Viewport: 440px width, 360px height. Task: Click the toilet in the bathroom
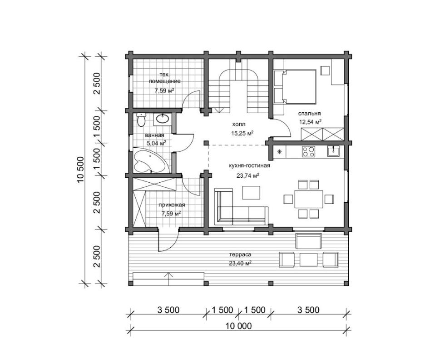tap(141, 120)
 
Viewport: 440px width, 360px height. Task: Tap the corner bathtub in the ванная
tap(149, 161)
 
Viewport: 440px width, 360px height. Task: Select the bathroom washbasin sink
tap(162, 119)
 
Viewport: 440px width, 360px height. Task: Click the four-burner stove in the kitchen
tap(308, 152)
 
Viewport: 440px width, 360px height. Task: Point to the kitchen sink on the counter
tap(333, 151)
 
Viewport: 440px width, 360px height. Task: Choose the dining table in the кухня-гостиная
tap(309, 199)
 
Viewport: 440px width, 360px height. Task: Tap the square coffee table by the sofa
tap(252, 192)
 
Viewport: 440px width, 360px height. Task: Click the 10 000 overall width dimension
tap(238, 326)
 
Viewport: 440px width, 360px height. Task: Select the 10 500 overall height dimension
tap(80, 170)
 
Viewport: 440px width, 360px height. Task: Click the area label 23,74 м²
tap(247, 176)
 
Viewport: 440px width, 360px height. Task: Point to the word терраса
tap(240, 255)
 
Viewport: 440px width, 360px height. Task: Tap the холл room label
tap(238, 124)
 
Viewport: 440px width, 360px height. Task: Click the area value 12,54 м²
tap(310, 122)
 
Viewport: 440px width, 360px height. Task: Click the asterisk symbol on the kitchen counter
tap(279, 152)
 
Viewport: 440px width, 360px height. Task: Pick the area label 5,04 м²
tap(156, 143)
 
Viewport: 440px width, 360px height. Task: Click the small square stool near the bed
tap(326, 70)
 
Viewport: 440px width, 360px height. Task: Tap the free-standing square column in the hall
tap(206, 143)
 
